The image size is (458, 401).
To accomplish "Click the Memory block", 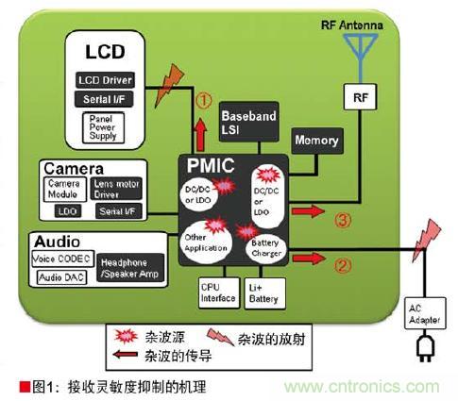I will [x=316, y=141].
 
